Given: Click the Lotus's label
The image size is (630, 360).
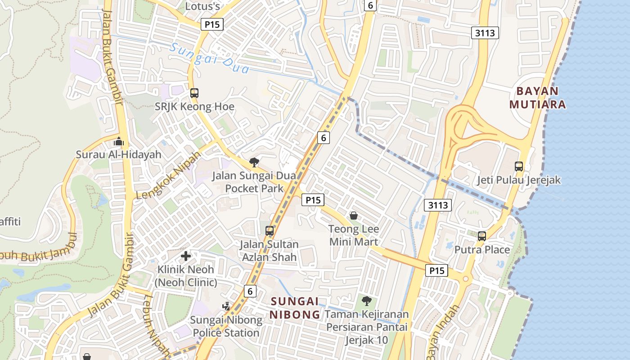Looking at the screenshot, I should click(202, 6).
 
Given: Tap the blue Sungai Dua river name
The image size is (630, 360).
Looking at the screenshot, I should click(210, 58).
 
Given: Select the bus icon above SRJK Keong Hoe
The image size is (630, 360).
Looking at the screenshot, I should click(194, 93).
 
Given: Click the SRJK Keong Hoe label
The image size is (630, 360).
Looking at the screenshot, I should click(194, 107).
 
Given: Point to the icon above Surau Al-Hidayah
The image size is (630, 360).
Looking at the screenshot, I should click(118, 141).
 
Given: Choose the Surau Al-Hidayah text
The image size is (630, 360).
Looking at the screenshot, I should click(118, 154).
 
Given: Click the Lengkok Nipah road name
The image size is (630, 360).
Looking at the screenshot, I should click(168, 176).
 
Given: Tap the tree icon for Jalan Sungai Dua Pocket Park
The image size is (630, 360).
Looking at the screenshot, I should click(254, 162).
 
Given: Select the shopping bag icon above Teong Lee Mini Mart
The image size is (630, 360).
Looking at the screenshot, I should click(354, 216).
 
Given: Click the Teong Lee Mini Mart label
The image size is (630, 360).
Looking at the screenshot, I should click(354, 235).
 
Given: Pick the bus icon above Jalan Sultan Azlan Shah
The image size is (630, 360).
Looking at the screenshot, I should click(269, 231).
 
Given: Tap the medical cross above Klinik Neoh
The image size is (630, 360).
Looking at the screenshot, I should click(186, 256).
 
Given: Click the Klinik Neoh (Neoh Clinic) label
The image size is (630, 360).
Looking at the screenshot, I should click(186, 276).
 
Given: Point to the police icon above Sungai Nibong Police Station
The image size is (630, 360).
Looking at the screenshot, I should click(226, 306).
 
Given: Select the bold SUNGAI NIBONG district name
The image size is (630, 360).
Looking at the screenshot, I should click(294, 307).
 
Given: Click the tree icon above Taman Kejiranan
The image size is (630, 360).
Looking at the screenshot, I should click(366, 301).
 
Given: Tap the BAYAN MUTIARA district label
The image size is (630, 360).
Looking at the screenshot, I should click(537, 98).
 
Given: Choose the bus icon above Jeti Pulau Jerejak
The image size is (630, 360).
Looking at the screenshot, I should click(519, 166).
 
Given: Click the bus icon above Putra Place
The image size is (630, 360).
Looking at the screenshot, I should click(482, 236).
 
